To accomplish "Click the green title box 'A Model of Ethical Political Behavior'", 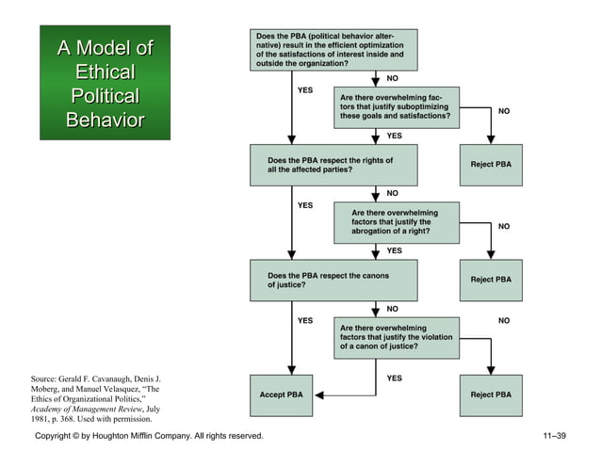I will pyautogui.click(x=105, y=83).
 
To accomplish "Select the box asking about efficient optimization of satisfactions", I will pyautogui.click(x=333, y=49).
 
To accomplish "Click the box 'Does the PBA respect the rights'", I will pyautogui.click(x=333, y=165).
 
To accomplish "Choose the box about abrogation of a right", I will pyautogui.click(x=397, y=222).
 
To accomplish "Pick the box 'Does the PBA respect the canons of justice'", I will pyautogui.click(x=333, y=280).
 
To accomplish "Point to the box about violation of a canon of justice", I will pyautogui.click(x=397, y=337).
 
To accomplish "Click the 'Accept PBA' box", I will pyautogui.click(x=281, y=394).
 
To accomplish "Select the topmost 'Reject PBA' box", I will pyautogui.click(x=491, y=165).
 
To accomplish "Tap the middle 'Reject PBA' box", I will pyautogui.click(x=491, y=280).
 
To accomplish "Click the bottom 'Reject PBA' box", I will pyautogui.click(x=491, y=394).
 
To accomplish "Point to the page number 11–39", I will pyautogui.click(x=554, y=436).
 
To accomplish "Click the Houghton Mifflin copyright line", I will pyautogui.click(x=149, y=436).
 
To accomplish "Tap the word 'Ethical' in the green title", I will pyautogui.click(x=105, y=72).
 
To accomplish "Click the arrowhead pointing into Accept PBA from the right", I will pyautogui.click(x=319, y=394).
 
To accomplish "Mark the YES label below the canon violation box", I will pyautogui.click(x=395, y=378).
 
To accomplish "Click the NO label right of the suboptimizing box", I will pyautogui.click(x=504, y=111).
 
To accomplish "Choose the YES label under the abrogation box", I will pyautogui.click(x=395, y=250).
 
